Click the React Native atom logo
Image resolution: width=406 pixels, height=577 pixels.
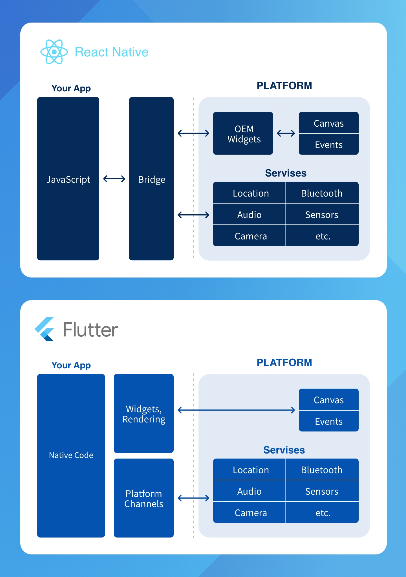54,52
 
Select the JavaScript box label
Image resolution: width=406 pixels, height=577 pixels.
68,179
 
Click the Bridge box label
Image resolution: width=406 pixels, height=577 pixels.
151,179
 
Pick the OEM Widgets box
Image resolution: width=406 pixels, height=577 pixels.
243,133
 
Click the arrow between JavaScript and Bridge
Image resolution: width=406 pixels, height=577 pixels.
114,179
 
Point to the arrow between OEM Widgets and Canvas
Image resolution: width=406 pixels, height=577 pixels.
286,133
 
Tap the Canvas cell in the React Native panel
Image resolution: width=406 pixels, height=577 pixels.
329,123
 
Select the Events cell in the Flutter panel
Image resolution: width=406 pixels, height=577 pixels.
329,421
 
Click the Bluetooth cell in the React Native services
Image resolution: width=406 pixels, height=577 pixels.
322,193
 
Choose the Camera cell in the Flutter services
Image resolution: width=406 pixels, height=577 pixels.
251,513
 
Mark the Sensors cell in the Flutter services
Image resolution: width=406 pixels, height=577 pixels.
322,491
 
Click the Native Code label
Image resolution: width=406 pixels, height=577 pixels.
71,455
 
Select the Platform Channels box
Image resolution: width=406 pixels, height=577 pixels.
144,499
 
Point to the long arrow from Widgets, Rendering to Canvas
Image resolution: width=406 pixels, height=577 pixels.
236,410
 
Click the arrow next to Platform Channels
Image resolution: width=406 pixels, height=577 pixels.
193,498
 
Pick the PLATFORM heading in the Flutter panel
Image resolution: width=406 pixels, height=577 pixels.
284,362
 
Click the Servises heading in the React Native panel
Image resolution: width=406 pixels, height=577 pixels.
286,173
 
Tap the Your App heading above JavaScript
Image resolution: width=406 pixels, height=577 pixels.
71,88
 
